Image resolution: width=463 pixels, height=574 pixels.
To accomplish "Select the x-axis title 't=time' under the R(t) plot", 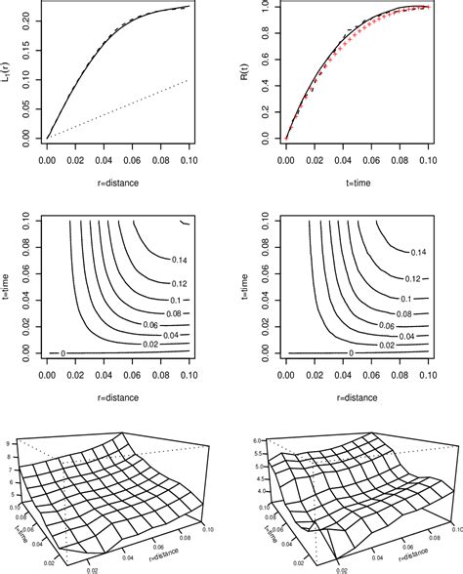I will [356, 181].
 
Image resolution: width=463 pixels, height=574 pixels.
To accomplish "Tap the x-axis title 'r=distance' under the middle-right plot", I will [356, 397].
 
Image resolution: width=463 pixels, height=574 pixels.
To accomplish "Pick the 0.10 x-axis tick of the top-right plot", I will [428, 162].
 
